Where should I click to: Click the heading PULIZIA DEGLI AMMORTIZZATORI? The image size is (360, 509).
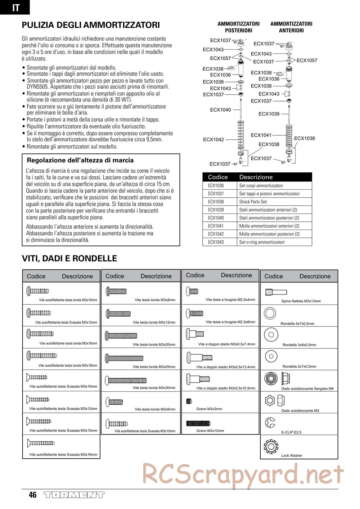click(91, 25)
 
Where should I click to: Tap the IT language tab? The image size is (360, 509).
click(15, 8)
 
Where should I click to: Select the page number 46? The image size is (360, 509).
click(33, 495)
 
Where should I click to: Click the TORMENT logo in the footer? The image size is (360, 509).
click(74, 495)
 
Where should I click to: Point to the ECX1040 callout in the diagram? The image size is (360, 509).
click(220, 110)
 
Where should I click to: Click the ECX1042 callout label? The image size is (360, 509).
click(213, 140)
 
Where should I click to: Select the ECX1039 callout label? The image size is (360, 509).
click(269, 114)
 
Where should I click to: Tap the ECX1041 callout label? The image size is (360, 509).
click(261, 135)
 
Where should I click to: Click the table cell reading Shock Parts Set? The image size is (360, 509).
click(253, 202)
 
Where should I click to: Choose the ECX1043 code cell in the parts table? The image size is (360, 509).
click(216, 242)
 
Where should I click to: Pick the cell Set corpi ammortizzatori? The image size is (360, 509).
click(261, 186)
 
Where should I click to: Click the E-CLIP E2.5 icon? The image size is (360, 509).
click(270, 422)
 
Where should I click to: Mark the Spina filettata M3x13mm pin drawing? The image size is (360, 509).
click(275, 292)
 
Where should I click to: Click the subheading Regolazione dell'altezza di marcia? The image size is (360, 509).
click(80, 160)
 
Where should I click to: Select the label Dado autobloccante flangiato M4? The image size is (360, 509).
click(307, 389)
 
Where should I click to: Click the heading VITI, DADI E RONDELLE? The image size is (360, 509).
click(69, 258)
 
